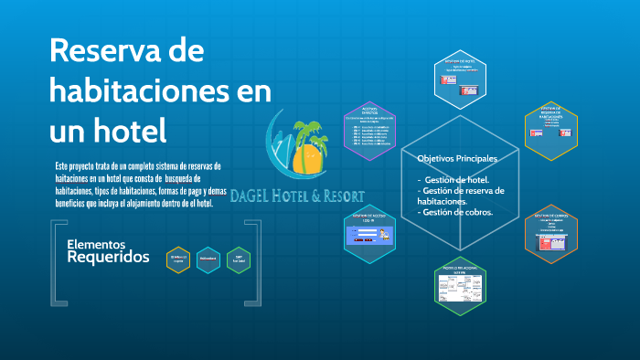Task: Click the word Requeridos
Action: (108, 259)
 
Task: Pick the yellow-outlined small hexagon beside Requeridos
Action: (178, 259)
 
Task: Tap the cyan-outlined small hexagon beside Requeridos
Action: (208, 259)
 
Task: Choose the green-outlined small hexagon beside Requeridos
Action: (239, 259)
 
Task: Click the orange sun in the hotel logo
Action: (309, 159)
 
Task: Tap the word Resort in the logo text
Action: (342, 196)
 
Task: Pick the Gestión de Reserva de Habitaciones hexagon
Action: (550, 130)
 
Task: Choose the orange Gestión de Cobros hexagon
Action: (550, 235)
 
